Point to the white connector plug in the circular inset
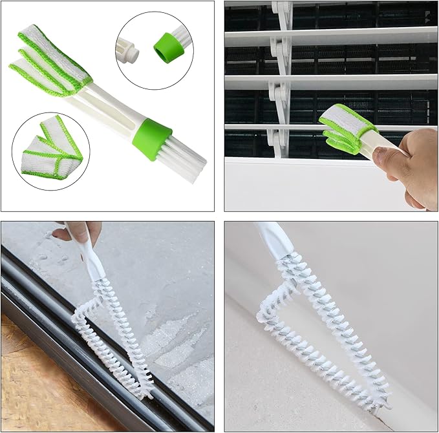(129, 49)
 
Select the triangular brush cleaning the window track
(113, 330)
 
